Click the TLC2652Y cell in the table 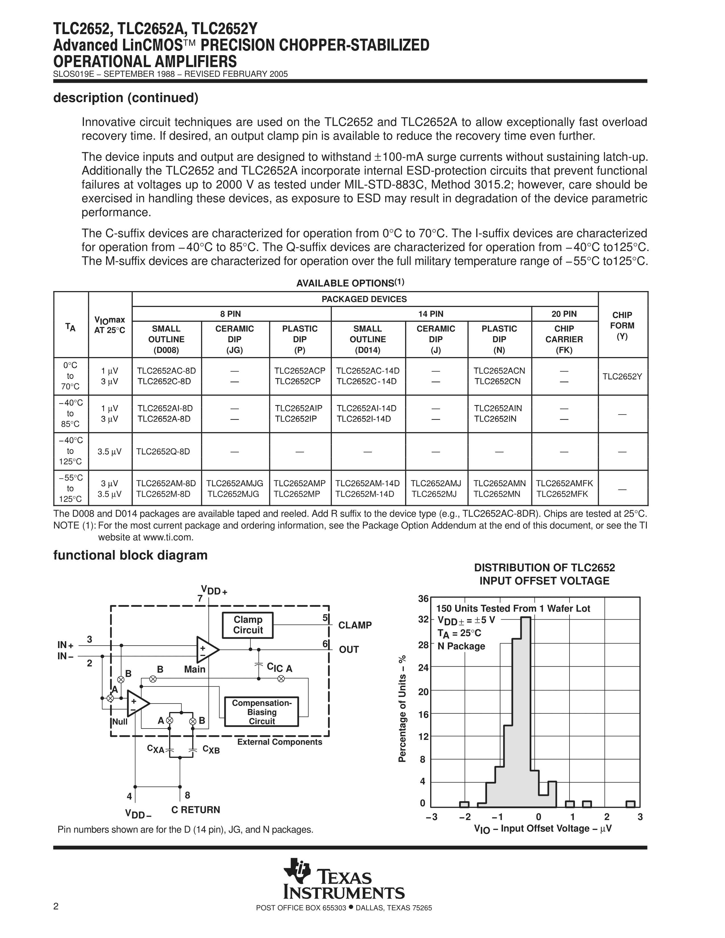click(622, 377)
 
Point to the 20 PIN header click(564, 314)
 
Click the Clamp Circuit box click(248, 625)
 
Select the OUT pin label click(349, 649)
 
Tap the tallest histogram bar click(526, 713)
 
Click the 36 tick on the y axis click(423, 599)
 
